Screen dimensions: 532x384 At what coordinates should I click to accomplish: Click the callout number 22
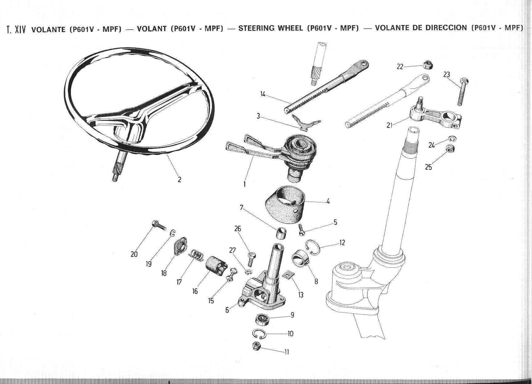tap(400, 67)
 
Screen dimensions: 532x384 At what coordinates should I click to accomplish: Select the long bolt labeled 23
tap(463, 92)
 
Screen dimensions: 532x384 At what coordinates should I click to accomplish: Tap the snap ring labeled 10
tap(258, 333)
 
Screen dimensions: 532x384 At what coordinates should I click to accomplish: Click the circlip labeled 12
tap(313, 248)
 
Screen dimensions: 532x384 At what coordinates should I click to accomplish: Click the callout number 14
tap(262, 94)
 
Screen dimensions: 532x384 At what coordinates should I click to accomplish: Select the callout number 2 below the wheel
tap(179, 180)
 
